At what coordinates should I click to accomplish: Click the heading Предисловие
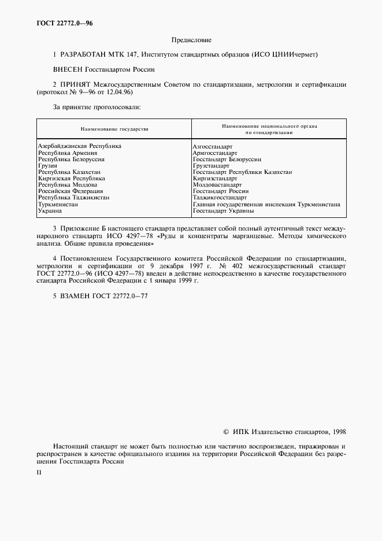[x=191, y=40]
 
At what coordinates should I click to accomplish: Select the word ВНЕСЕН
[x=68, y=69]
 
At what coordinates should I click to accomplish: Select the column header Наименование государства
[x=114, y=128]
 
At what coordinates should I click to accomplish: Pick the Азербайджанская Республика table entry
[x=79, y=146]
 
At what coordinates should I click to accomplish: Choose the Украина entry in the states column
[x=50, y=210]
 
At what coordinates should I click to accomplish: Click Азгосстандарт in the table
[x=213, y=147]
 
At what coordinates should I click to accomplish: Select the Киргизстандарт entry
[x=214, y=179]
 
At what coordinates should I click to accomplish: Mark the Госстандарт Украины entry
[x=223, y=210]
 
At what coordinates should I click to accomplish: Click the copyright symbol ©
[x=226, y=431]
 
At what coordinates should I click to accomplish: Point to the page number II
[x=39, y=472]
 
